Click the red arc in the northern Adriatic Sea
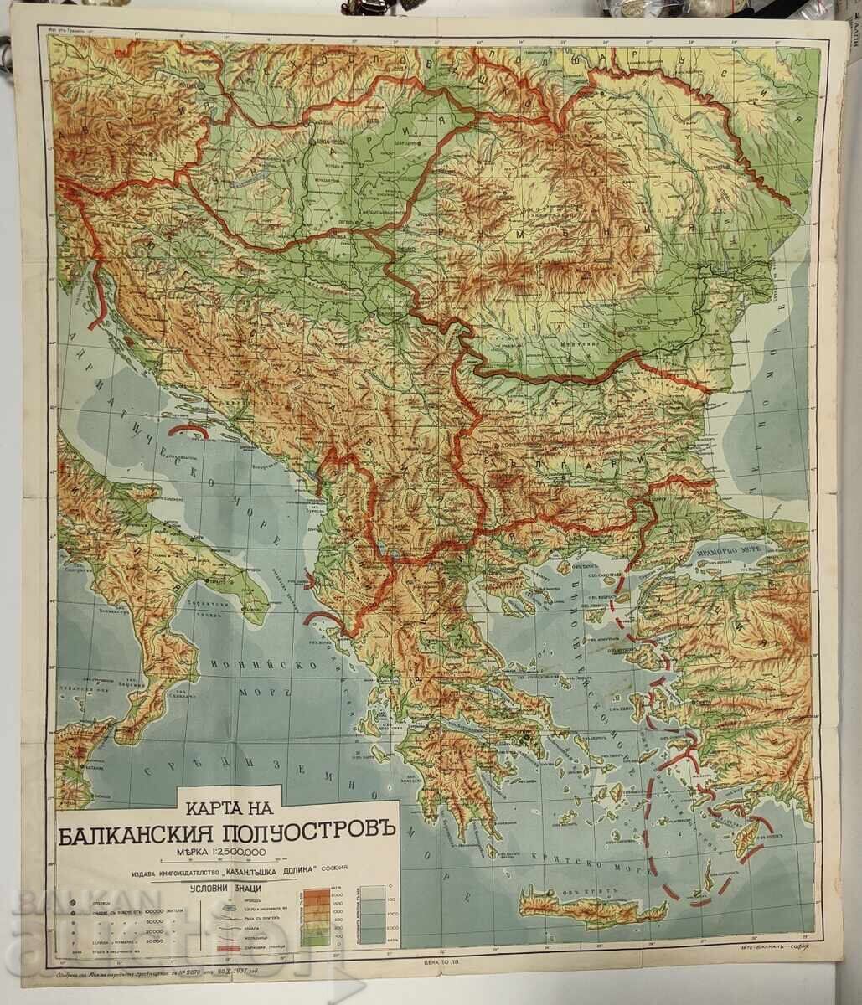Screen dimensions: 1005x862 pyautogui.click(x=188, y=430)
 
